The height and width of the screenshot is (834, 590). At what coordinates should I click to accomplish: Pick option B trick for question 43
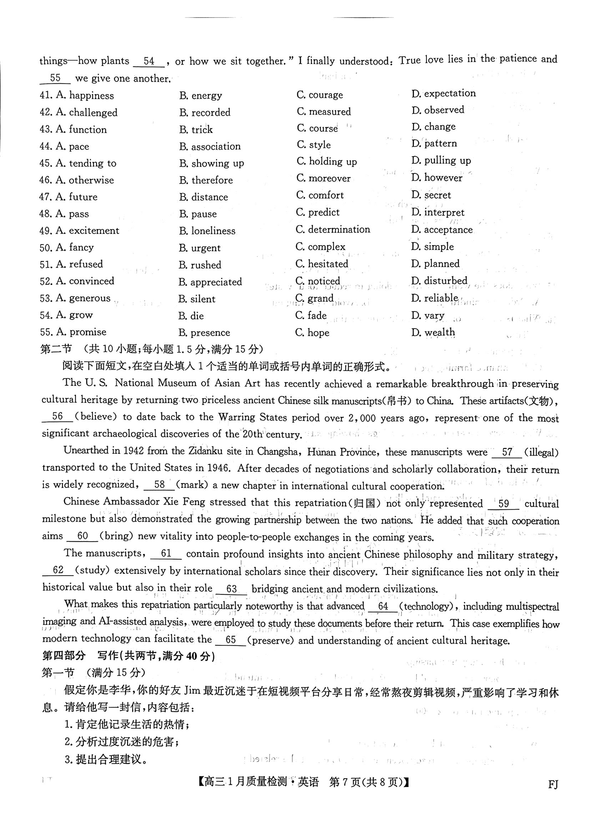pyautogui.click(x=196, y=129)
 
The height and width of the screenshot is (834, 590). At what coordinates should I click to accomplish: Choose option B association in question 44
pyautogui.click(x=210, y=146)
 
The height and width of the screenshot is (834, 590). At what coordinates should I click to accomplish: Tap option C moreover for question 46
pyautogui.click(x=323, y=178)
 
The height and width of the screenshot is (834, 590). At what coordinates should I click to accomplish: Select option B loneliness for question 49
pyautogui.click(x=207, y=231)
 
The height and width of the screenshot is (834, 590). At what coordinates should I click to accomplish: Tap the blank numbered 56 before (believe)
pyautogui.click(x=57, y=417)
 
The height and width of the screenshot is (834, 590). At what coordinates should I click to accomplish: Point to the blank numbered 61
pyautogui.click(x=166, y=553)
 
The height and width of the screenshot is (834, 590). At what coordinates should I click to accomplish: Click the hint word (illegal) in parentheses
pyautogui.click(x=541, y=452)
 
